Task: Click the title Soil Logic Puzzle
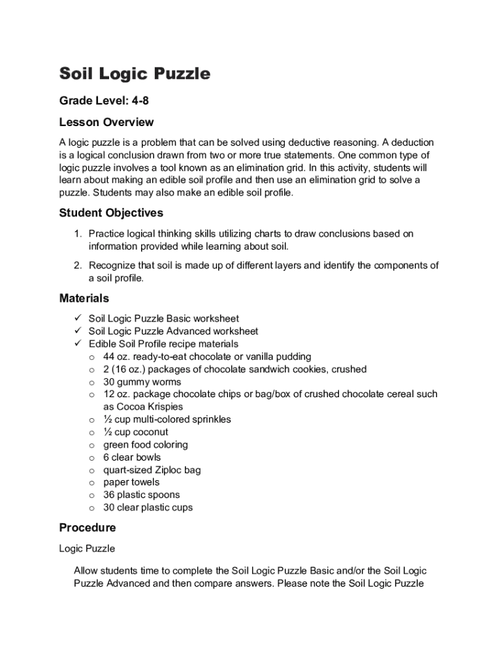tap(135, 74)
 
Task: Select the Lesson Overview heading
tap(106, 122)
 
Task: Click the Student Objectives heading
tap(111, 212)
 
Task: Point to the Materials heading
tap(84, 298)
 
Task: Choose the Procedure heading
tap(88, 527)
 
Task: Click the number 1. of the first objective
tap(77, 234)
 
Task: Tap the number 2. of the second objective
tap(77, 265)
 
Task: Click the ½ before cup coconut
tap(108, 432)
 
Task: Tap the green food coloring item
tap(146, 444)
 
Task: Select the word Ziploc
tap(169, 470)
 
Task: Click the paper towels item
tap(131, 482)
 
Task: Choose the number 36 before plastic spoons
tap(110, 495)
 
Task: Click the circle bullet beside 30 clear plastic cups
tap(92, 508)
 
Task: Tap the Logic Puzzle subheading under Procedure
tap(87, 549)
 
